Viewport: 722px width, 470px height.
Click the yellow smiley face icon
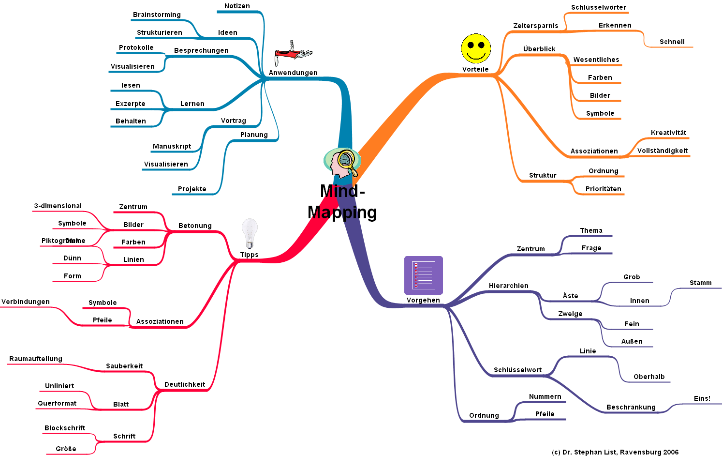coord(476,48)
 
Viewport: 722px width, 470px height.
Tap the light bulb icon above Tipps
coord(250,233)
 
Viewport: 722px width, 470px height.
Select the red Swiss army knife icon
coord(292,54)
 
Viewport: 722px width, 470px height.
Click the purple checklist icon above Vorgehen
coord(423,275)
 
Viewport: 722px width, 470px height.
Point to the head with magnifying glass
coord(342,163)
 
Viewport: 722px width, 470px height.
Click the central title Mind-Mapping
coord(342,202)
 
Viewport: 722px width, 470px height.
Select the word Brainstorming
coord(157,15)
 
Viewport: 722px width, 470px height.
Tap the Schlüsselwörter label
coord(598,7)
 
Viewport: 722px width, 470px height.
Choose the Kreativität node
coord(668,133)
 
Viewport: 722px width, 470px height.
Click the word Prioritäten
coord(603,189)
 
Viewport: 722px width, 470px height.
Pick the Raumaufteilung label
coord(36,359)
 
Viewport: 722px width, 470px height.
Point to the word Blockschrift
coord(65,428)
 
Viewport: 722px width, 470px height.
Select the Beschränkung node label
coord(631,407)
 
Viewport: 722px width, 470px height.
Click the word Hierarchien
coord(508,286)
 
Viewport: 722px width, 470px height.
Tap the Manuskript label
coord(172,146)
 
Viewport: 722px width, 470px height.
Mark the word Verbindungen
coord(26,302)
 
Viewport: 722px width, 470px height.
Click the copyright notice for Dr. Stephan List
coord(615,452)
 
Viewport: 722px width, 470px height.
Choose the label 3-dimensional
coord(58,206)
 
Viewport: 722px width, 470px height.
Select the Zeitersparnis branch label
coord(535,26)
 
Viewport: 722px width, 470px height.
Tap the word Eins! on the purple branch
coord(702,398)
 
